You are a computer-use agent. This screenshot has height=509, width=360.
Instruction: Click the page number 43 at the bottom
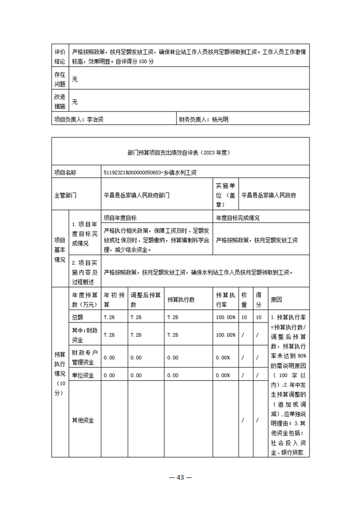180,477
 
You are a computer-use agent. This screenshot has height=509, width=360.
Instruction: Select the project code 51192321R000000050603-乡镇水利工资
150,172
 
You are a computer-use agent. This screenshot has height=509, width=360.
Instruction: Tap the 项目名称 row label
65,172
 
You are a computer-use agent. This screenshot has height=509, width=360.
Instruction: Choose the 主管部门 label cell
65,195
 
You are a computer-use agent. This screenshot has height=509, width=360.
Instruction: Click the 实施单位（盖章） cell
225,195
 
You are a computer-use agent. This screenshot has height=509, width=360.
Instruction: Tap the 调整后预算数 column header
145,299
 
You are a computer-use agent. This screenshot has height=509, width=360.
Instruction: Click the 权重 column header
244,299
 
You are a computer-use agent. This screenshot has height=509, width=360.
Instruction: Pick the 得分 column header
258,299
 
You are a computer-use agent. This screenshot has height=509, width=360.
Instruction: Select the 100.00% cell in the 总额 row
226,317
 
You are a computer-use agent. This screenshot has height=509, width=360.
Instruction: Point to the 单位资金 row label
83,375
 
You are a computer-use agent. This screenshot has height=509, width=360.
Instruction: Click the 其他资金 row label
83,420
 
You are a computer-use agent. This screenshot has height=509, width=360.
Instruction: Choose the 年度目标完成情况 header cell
237,218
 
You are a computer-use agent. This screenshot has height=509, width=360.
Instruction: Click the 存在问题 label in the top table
59,79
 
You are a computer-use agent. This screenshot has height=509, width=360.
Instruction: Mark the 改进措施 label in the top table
59,102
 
